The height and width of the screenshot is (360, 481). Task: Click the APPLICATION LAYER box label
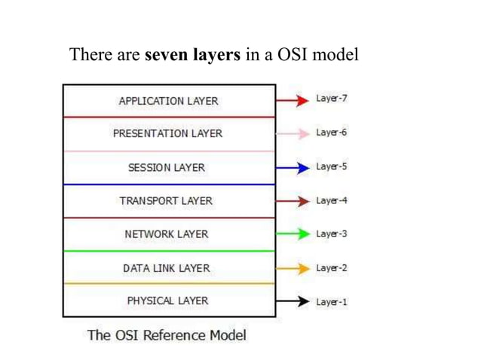tap(168, 101)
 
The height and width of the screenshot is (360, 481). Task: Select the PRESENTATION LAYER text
tap(167, 133)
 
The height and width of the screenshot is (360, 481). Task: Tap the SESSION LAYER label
tap(167, 167)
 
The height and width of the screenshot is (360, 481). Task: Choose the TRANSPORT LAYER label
tap(166, 200)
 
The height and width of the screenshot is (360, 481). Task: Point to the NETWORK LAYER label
tap(166, 234)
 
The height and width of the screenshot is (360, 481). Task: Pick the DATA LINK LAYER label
tap(166, 268)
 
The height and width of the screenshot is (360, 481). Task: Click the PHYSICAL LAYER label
tap(167, 301)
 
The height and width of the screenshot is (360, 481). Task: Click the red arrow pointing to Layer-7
tap(293, 100)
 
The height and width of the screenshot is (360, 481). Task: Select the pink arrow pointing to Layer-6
tap(293, 133)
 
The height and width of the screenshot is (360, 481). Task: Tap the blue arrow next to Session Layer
tap(293, 167)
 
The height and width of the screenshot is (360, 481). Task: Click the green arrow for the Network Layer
tap(293, 234)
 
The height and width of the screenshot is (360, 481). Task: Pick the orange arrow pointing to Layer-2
tap(293, 268)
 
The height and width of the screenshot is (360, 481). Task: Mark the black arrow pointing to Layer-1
tap(293, 302)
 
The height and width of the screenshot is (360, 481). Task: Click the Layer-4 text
tap(331, 200)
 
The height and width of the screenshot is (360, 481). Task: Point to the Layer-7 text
tap(331, 99)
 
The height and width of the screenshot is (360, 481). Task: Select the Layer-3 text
tap(331, 234)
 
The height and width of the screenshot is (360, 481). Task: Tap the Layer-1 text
tap(331, 302)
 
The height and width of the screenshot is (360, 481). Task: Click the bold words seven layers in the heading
tap(193, 55)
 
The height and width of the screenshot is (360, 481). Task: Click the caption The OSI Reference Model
tap(167, 334)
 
